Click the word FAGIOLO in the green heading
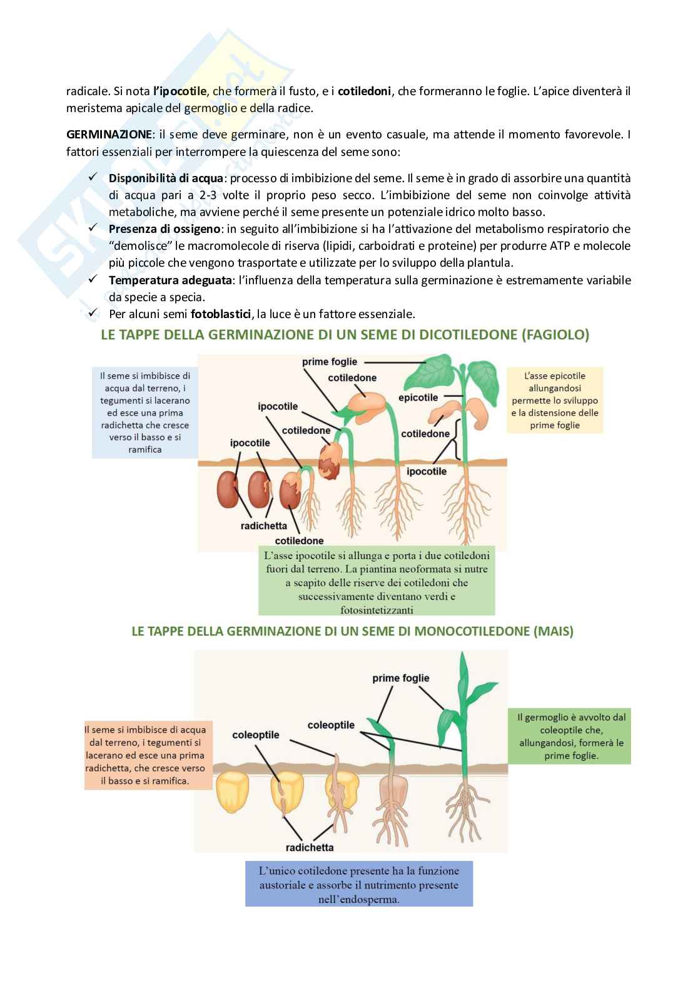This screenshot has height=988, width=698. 554,335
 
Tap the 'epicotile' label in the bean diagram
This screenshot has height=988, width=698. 418,398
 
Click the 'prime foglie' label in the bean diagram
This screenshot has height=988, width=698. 330,361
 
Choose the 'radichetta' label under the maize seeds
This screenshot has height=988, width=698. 309,848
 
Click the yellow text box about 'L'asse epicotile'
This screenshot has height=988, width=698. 554,401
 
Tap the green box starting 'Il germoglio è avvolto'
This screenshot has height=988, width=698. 571,736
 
